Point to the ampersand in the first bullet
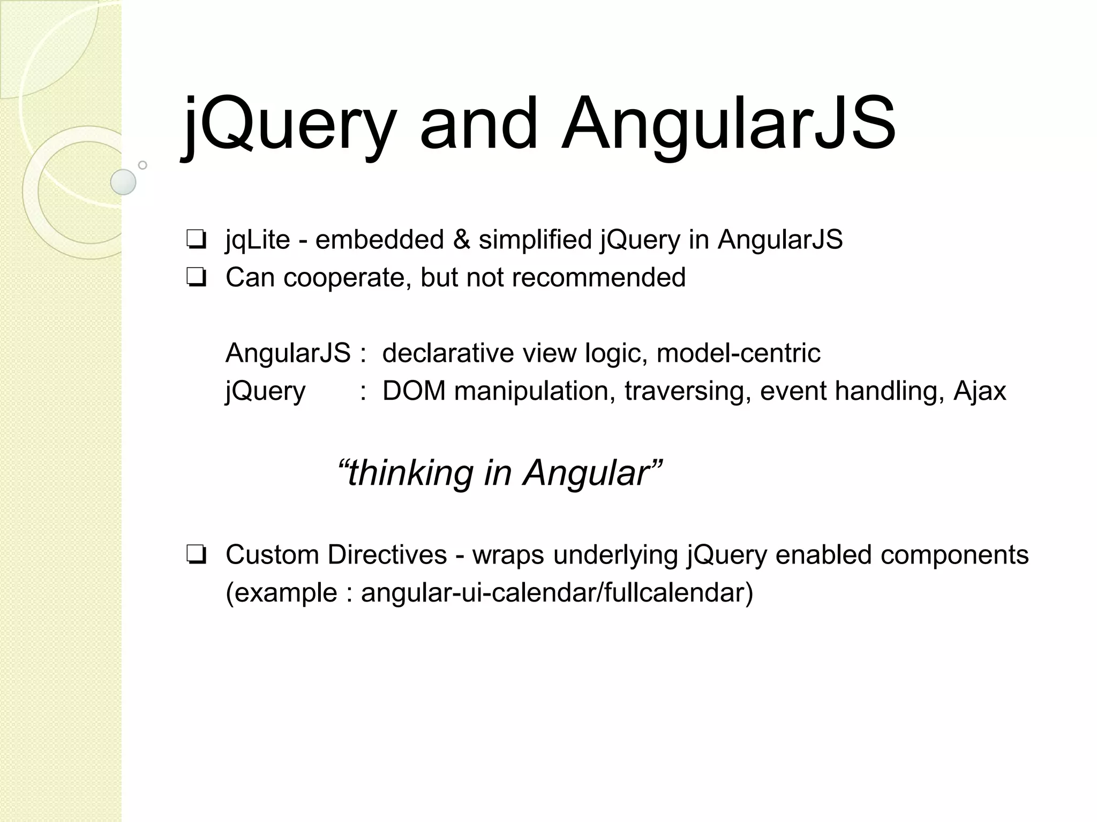point(461,239)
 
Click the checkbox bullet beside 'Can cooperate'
point(197,278)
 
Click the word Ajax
point(980,391)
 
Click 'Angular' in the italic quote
point(587,473)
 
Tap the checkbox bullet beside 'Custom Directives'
point(197,555)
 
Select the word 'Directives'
point(387,555)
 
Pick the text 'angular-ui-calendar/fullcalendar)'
point(557,593)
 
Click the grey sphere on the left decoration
point(123,182)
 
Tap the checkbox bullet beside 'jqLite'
point(197,240)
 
